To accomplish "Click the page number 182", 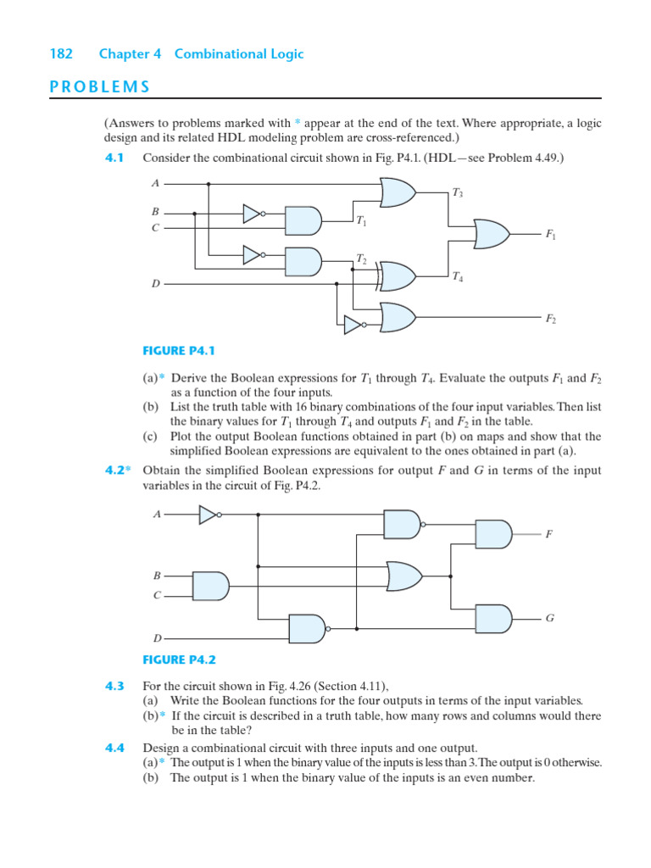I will coord(61,54).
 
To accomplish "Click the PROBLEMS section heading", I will coord(99,86).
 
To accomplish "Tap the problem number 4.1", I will coord(114,159).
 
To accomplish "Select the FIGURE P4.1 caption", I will coord(176,350).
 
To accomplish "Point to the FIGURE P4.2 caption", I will coord(176,659).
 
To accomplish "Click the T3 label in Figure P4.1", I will coord(458,194).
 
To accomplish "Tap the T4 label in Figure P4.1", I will coord(458,276).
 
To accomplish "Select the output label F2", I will coord(551,319).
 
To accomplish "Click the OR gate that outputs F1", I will coord(492,232).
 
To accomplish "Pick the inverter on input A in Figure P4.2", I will coord(209,515).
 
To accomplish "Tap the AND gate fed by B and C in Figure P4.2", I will coord(211,585).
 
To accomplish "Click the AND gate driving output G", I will coord(494,619).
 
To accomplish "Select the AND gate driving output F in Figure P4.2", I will coord(494,534).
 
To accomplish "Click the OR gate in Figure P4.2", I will coord(403,576).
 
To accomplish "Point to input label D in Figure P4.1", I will coord(155,284).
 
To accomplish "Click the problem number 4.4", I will coord(114,748).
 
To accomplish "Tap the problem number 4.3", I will coord(114,686).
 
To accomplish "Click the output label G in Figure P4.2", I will coord(549,619).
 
